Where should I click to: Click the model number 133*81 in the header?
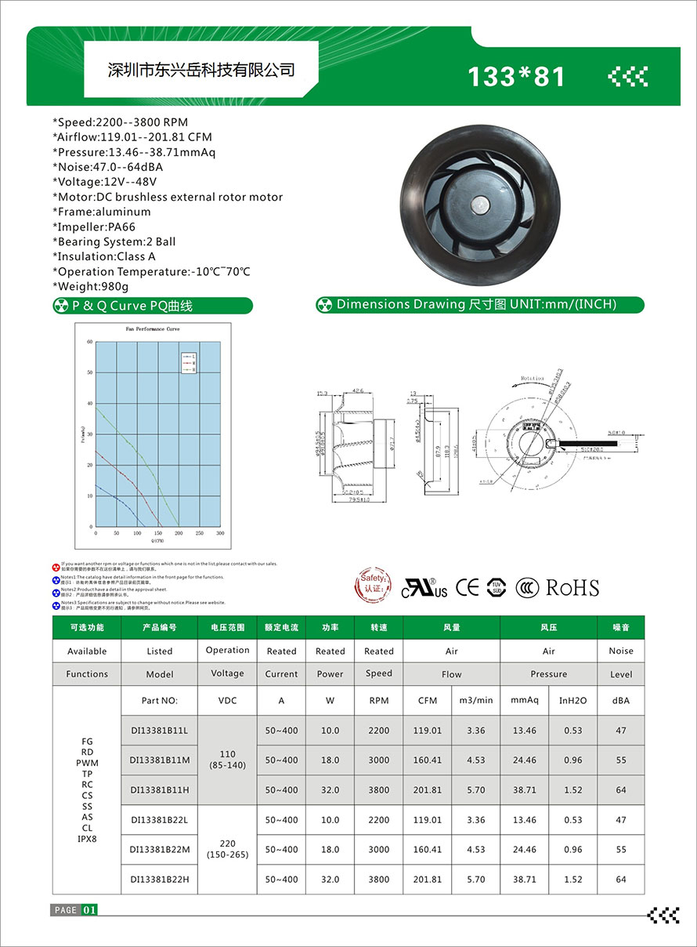click(515, 76)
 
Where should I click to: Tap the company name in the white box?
click(200, 70)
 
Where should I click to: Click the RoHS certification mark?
click(572, 588)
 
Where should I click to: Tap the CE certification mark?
click(468, 587)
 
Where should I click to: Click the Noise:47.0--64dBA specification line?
click(108, 167)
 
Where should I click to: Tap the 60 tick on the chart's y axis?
click(90, 342)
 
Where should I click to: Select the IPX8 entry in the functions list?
click(87, 839)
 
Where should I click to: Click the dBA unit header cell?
click(621, 700)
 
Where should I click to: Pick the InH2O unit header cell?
click(572, 700)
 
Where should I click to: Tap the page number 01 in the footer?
click(89, 910)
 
